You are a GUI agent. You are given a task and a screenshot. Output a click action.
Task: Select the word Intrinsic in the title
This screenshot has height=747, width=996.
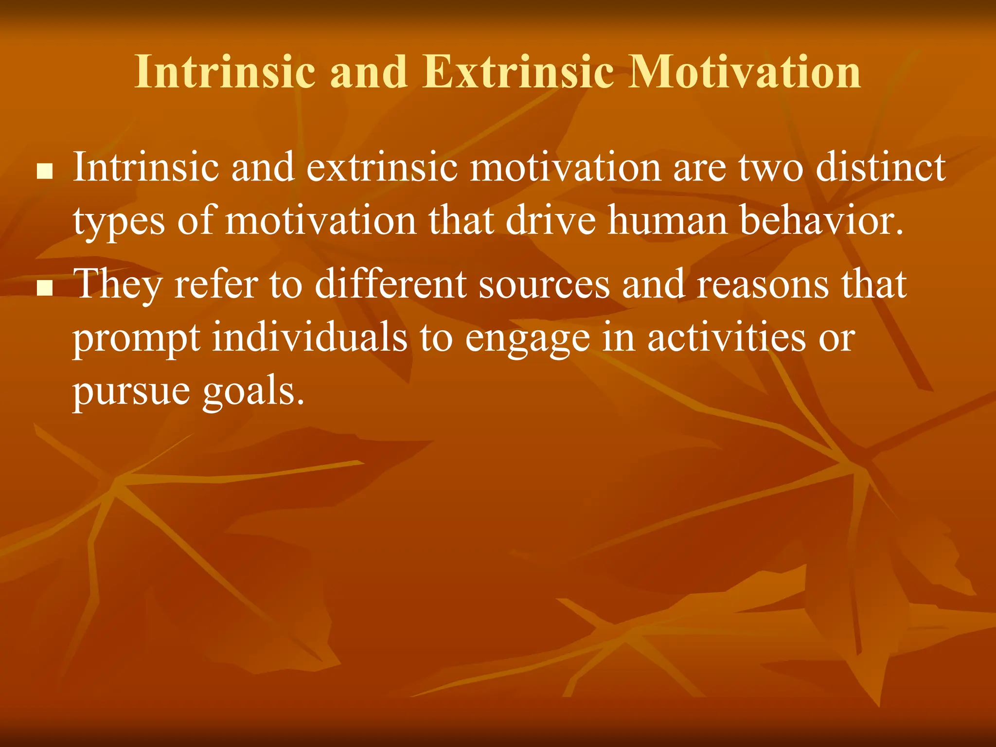[x=225, y=72]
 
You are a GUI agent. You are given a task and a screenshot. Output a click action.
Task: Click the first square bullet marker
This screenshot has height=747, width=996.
[x=45, y=172]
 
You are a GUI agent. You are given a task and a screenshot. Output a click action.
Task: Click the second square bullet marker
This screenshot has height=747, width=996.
[x=45, y=288]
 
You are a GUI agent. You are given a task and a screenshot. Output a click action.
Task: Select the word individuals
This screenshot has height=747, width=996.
[x=310, y=338]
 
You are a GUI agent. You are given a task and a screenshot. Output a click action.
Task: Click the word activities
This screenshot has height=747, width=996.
[x=726, y=338]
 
